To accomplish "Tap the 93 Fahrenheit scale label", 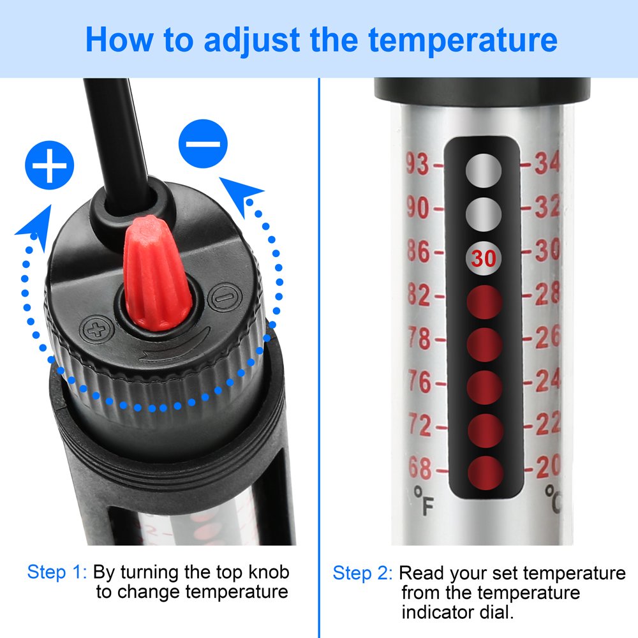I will click(x=419, y=165).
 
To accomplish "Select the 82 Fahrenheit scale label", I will click(x=419, y=295).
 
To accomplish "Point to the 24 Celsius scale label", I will click(x=547, y=382).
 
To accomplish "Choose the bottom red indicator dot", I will click(x=485, y=473).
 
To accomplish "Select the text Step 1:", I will click(x=56, y=572).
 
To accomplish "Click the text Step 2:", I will click(x=362, y=573).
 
